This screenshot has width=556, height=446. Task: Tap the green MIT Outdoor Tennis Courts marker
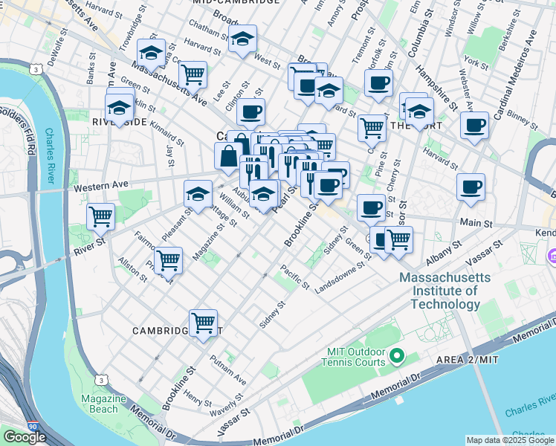(396, 357)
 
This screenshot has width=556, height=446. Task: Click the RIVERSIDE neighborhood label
(111, 121)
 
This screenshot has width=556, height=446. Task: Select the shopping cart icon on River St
(100, 216)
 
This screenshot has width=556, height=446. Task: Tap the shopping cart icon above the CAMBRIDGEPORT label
(203, 322)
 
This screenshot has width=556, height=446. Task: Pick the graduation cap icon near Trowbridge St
(151, 52)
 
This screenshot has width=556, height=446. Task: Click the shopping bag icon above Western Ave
(227, 156)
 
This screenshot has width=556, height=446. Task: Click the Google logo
(25, 436)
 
